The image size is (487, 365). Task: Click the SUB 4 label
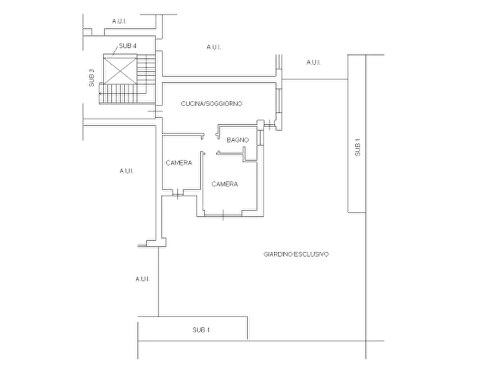(x=128, y=46)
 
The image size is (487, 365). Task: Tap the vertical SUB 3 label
(x=92, y=77)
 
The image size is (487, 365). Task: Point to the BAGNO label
(x=238, y=140)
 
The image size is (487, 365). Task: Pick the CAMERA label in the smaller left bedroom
(x=179, y=163)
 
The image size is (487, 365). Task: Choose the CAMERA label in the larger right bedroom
(x=225, y=184)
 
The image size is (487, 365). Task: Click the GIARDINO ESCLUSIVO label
(x=296, y=254)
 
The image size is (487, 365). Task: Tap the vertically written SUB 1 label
(x=358, y=147)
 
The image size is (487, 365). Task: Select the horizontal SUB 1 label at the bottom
(x=201, y=330)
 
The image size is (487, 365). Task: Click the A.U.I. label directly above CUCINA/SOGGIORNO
(x=214, y=47)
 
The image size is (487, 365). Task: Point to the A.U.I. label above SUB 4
(x=119, y=21)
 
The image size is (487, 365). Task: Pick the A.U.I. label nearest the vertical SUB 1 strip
(x=314, y=63)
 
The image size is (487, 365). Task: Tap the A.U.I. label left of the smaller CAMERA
(x=127, y=171)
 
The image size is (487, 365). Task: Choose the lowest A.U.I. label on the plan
(x=142, y=279)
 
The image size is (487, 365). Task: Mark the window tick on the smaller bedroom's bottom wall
(x=177, y=194)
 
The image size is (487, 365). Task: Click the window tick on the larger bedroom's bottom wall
(x=223, y=215)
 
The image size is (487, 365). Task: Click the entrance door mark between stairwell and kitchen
(x=155, y=111)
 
